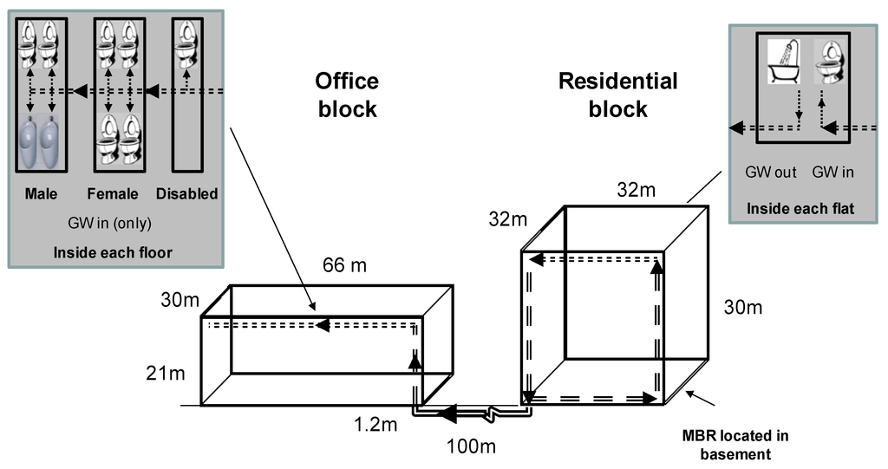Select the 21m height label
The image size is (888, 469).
pos(166,374)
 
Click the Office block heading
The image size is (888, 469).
pos(347,95)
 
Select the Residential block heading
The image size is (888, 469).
pos(617,95)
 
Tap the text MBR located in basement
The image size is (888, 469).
pos(735,444)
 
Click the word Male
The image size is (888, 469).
pos(41,194)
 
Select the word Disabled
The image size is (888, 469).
pos(187,194)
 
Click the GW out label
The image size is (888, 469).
pos(770,172)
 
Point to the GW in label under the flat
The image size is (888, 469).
pos(832,172)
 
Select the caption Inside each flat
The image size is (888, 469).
pos(800,209)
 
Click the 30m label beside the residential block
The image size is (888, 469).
pos(743,308)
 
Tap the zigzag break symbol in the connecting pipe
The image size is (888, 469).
pos(492,413)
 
